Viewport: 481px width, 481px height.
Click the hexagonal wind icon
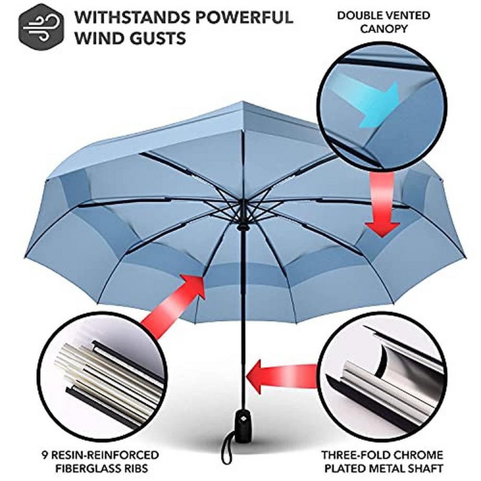pos(41,26)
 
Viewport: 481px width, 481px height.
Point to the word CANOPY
pos(383,28)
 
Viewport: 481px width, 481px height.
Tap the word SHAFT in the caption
pos(426,467)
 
